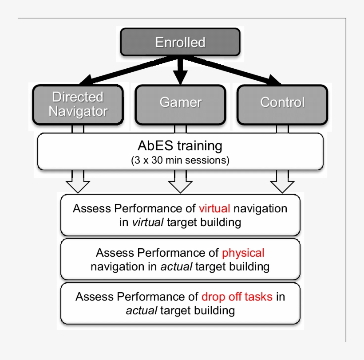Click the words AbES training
[180, 145]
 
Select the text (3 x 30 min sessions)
[180, 160]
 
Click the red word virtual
[215, 208]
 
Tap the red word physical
[243, 253]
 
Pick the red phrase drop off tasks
[237, 297]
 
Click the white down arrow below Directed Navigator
[78, 183]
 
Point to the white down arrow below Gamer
[180, 183]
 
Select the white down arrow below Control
[282, 183]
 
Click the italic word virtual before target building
[148, 223]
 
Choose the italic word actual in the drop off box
[141, 311]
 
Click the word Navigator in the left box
[78, 111]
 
